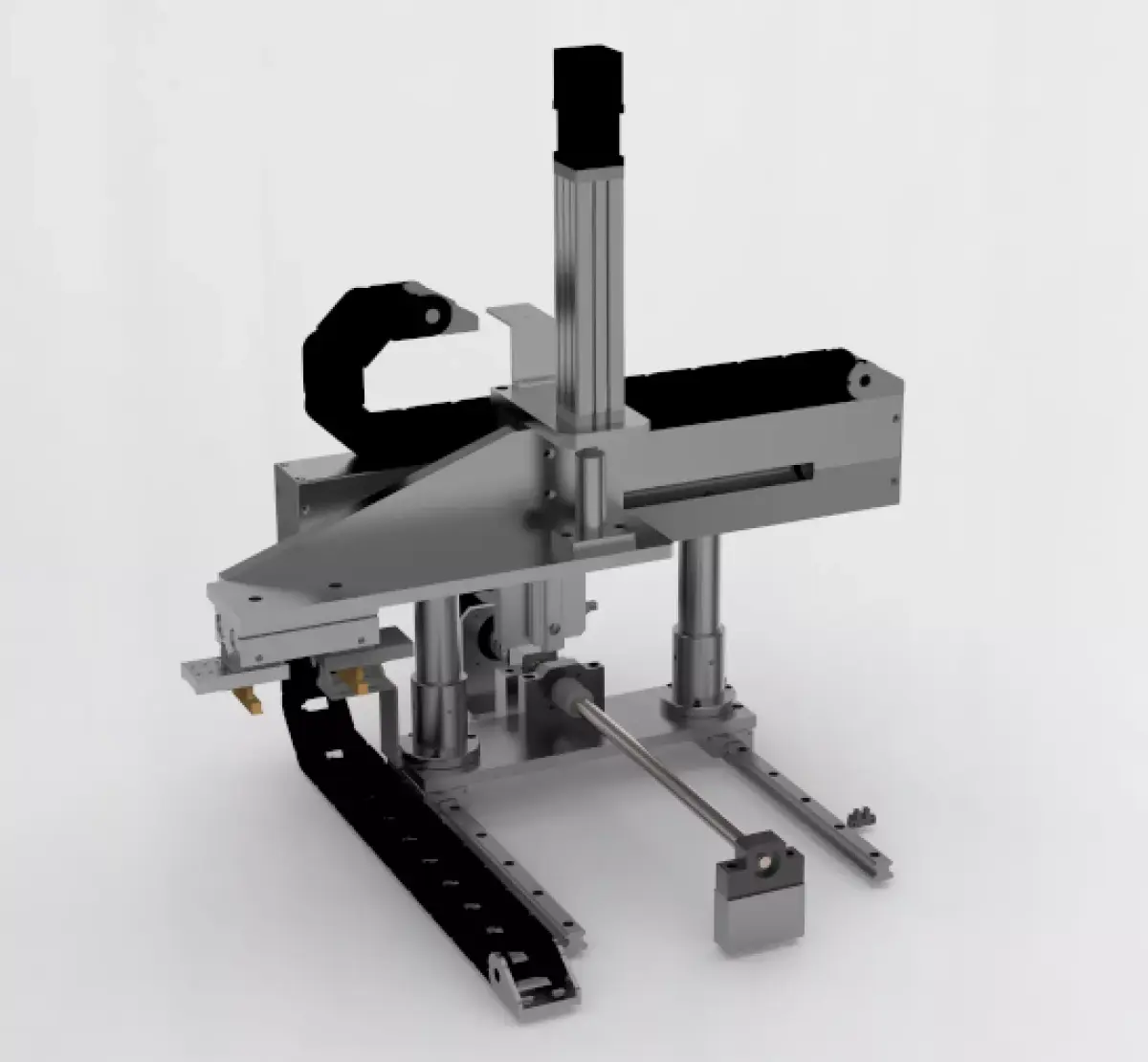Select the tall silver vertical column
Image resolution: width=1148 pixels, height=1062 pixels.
pyautogui.click(x=585, y=287)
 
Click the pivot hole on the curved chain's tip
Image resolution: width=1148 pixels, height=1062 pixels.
pyautogui.click(x=434, y=315)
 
